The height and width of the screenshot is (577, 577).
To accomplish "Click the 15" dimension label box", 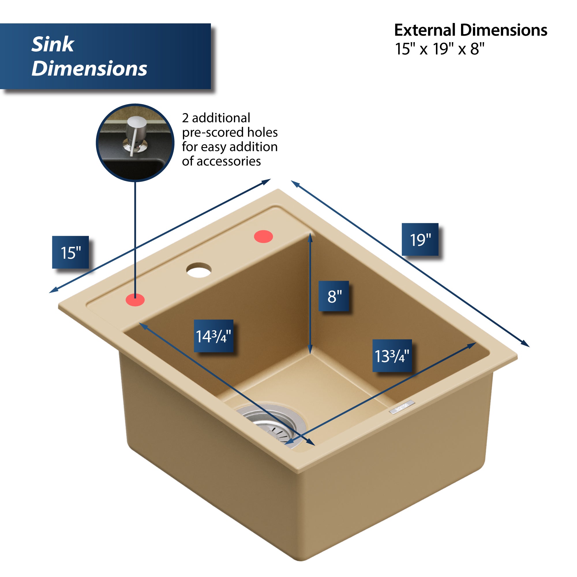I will [x=70, y=252].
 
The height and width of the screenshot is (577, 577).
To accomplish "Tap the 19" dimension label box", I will [x=420, y=239].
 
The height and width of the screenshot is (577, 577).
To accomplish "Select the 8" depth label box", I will [x=334, y=296].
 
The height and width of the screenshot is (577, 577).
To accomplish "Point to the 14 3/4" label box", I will [x=213, y=336].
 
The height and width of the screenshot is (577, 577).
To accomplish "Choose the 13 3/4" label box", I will [x=392, y=356].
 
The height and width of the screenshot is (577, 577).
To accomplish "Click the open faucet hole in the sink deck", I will [x=199, y=270].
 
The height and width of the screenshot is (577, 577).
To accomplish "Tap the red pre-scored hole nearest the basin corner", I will [x=263, y=237].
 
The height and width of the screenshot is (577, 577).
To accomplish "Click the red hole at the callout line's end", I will [x=135, y=300].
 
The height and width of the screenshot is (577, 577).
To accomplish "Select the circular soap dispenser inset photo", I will [x=135, y=143].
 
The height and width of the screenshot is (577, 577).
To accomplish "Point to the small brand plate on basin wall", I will [x=402, y=407].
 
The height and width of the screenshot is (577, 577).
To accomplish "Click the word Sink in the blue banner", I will [x=53, y=44].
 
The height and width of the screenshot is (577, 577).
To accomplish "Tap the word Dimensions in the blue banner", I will [x=89, y=68].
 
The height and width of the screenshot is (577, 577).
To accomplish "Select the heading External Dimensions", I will [x=470, y=30].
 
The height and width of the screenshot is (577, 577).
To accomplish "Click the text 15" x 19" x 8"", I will [x=439, y=49].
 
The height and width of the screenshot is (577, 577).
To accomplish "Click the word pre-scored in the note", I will [x=209, y=132].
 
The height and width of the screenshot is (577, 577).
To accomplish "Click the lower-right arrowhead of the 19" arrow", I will [x=526, y=345].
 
